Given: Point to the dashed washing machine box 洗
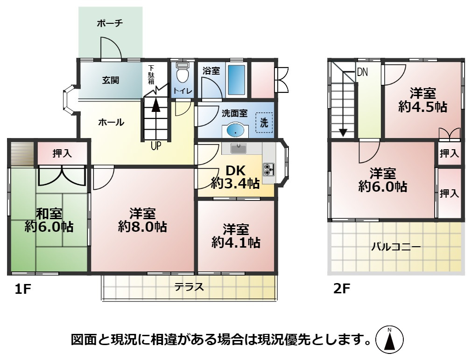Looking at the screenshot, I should [264, 124].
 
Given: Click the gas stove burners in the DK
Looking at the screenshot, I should [269, 169].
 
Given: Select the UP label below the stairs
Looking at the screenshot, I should [156, 146].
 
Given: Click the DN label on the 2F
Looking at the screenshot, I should [362, 72].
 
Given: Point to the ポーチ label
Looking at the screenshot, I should [110, 23].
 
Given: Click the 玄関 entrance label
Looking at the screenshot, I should [111, 80].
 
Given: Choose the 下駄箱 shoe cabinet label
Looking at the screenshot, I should [152, 74].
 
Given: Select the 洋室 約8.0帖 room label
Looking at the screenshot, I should [142, 221].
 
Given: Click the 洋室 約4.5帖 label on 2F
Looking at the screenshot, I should [423, 99].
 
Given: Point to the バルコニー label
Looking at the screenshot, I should [396, 247].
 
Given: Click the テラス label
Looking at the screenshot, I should [190, 287].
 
